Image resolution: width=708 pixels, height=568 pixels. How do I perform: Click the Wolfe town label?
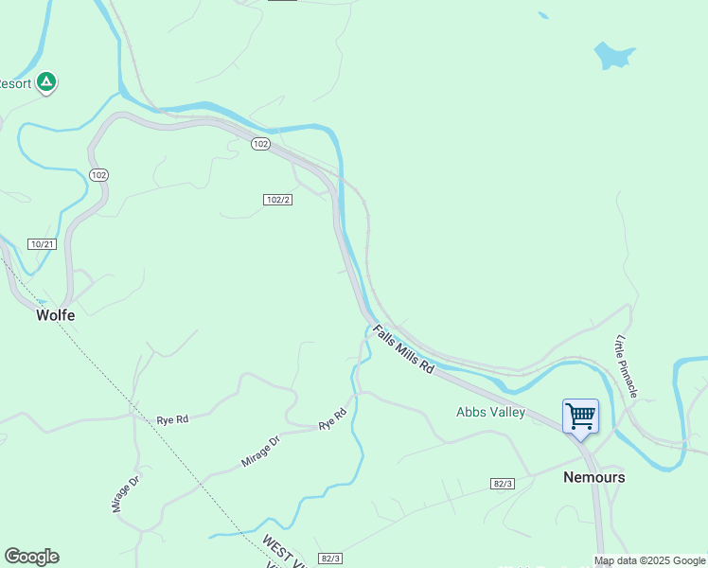(x=55, y=315)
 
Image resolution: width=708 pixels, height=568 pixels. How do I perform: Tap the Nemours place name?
(x=593, y=477)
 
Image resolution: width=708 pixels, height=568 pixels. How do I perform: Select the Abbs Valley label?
(x=490, y=412)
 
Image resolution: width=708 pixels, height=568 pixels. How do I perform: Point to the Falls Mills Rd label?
(x=403, y=348)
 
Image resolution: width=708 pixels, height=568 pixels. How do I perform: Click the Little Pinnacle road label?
(x=627, y=365)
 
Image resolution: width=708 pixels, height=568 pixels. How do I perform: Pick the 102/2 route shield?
(x=276, y=200)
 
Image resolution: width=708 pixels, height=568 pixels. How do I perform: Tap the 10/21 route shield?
(x=42, y=244)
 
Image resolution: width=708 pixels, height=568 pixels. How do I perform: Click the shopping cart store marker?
(x=580, y=416)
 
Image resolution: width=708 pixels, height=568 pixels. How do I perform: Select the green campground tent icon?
(x=46, y=83)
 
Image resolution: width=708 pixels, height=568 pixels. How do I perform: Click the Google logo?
(x=31, y=557)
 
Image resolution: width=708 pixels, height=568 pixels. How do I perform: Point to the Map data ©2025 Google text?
(x=649, y=561)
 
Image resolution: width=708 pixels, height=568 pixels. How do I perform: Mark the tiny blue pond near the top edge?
(x=542, y=15)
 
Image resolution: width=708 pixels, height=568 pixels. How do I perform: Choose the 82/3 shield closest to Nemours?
(x=503, y=484)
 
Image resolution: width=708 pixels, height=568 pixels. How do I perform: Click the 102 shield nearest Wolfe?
(x=98, y=175)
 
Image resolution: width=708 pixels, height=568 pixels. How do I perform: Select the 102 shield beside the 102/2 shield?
(x=261, y=144)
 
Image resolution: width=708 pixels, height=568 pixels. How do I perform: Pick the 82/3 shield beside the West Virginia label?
(x=328, y=559)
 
